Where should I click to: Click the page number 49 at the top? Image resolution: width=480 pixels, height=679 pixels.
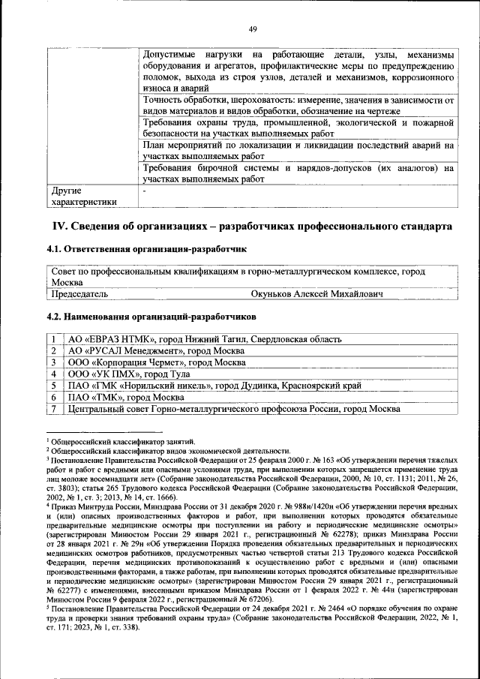[x=253, y=29]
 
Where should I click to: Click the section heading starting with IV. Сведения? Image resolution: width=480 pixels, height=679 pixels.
[x=251, y=225]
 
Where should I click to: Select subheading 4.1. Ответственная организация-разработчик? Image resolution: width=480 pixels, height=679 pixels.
[x=146, y=248]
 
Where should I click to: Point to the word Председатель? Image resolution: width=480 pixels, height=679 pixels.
[x=79, y=294]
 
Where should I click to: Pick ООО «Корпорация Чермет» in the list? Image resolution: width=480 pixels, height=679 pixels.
[x=156, y=362]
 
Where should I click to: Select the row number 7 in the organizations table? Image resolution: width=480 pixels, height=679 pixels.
[x=54, y=409]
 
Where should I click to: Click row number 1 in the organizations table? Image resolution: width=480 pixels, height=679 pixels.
[x=54, y=339]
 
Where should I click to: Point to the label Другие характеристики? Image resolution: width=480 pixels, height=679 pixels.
[x=83, y=196]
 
